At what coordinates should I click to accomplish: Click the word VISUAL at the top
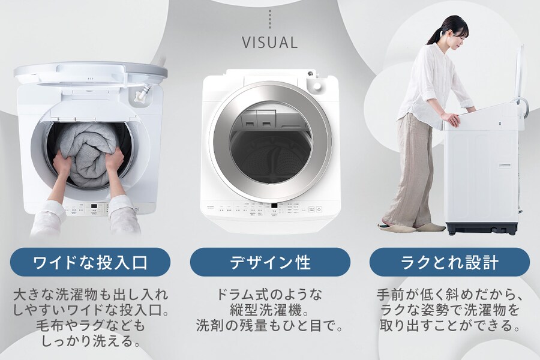pos(269,43)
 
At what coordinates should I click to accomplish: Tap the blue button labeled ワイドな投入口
pos(90,262)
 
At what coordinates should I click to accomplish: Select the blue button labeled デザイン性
pos(270,262)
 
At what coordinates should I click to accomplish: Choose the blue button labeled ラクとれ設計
pos(449,262)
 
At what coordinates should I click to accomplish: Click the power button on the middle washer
pos(319,209)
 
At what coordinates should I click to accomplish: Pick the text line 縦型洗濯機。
pos(270,310)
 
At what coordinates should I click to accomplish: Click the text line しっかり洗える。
pos(90,341)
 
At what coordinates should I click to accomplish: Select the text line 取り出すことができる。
pos(449,325)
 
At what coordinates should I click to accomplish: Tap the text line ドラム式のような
pos(270,295)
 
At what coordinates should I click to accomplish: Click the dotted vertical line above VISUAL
pos(269,19)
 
